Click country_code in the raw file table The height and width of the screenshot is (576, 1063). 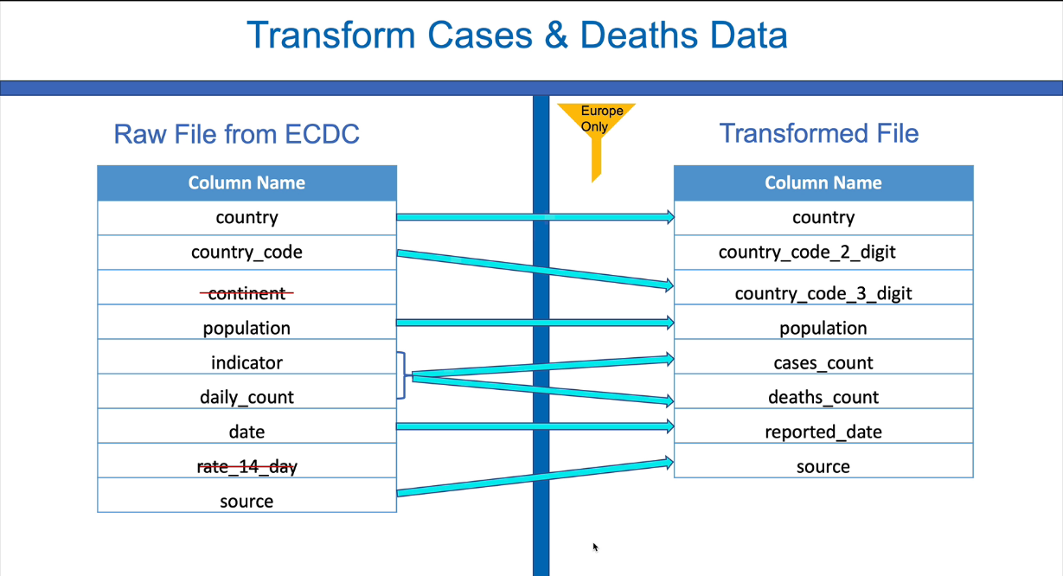247,252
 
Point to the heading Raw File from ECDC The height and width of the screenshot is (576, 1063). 236,134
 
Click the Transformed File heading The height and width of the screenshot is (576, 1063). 819,133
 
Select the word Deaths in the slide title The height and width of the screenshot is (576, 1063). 639,35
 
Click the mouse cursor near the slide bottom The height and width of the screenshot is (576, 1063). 596,547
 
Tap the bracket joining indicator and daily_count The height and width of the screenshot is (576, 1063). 404,375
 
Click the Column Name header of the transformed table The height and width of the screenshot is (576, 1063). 823,182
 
